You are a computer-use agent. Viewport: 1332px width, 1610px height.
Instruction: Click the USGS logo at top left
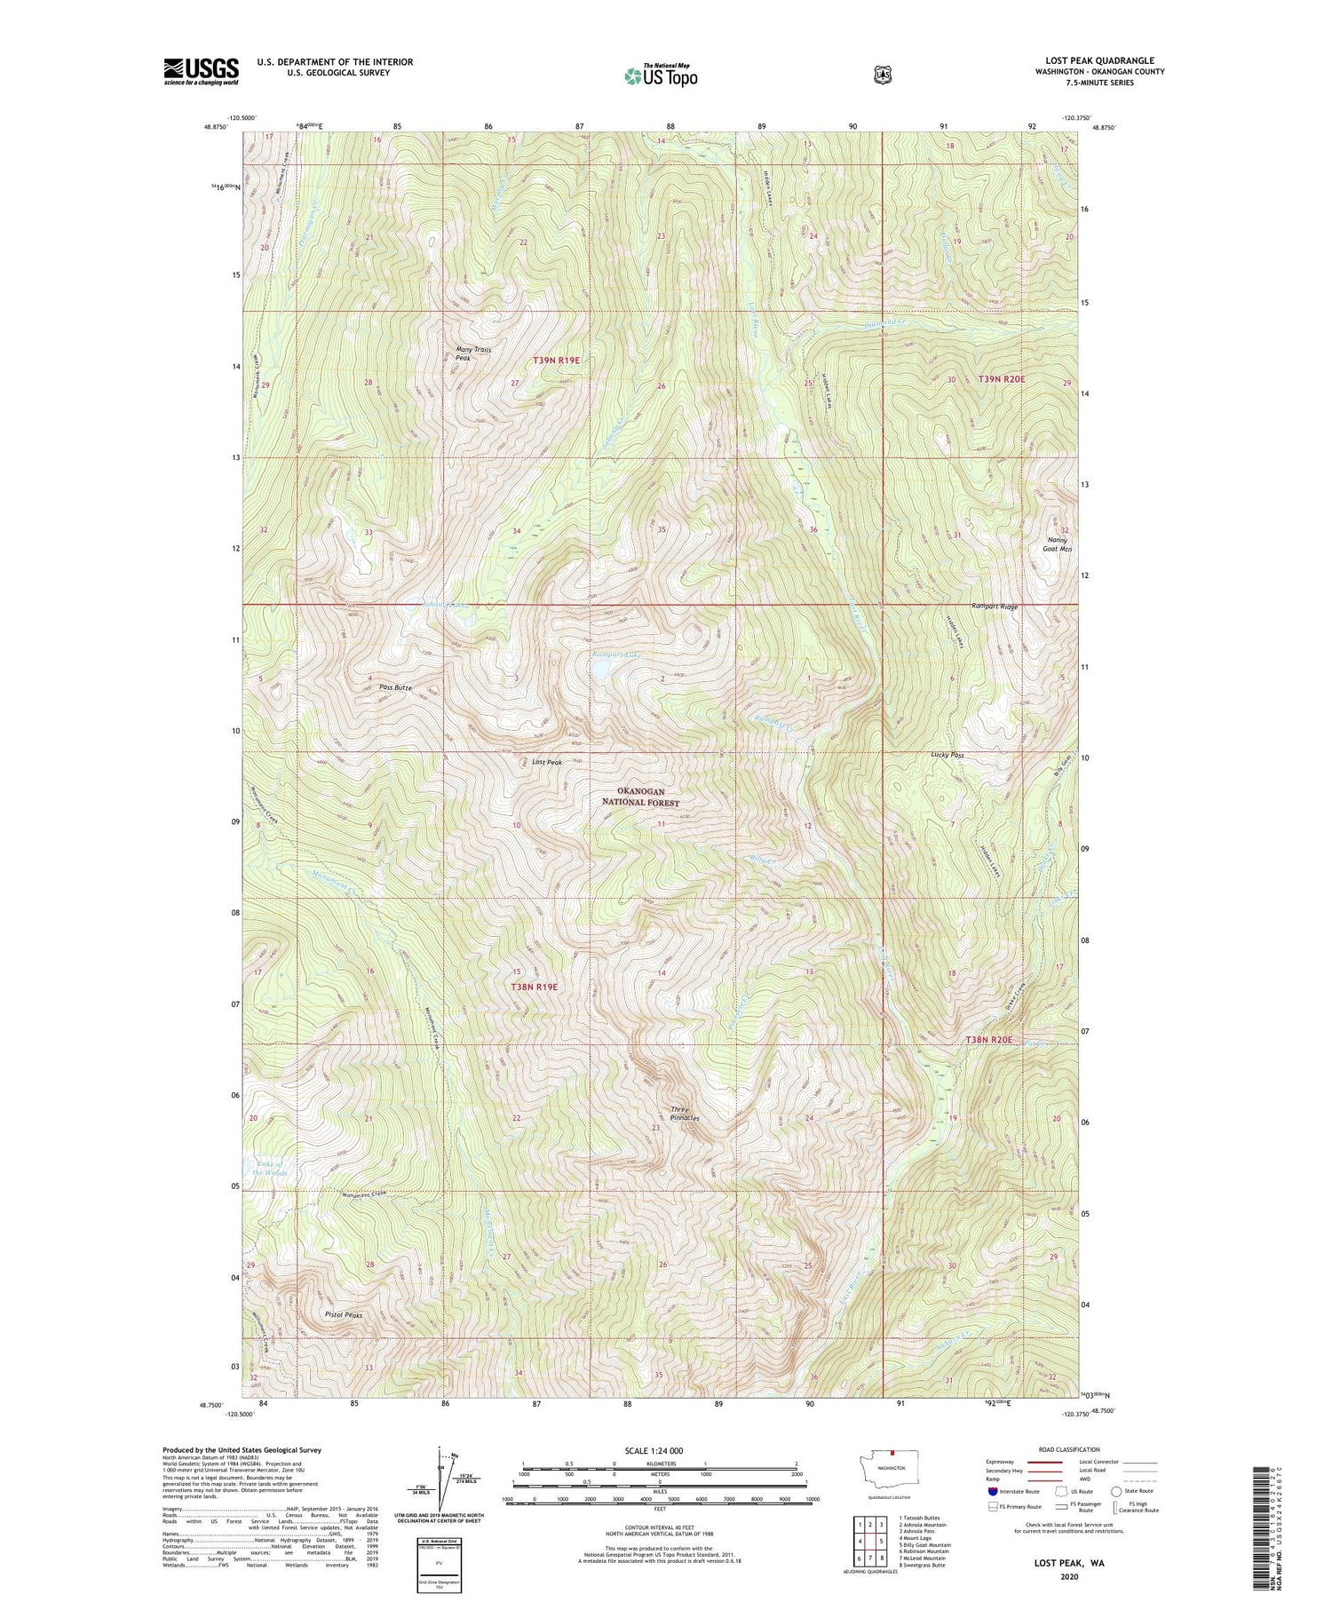point(201,71)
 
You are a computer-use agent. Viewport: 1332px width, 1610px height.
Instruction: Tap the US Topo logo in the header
point(661,75)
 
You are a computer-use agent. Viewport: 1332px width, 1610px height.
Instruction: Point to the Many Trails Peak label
point(473,353)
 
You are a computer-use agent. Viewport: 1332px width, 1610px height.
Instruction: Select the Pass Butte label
point(395,687)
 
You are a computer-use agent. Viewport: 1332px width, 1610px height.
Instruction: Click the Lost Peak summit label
point(547,762)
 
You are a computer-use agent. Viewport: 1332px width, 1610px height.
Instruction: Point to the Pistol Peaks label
point(343,1313)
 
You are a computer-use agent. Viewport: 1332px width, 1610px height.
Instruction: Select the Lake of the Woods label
point(266,1168)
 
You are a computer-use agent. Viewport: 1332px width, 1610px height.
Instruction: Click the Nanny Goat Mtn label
point(1059,544)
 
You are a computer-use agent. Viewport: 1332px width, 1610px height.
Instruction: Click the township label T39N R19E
point(557,360)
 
